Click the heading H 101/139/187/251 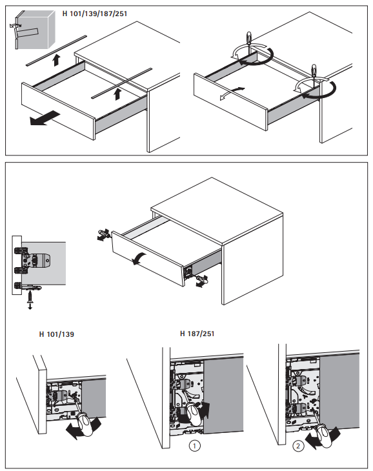(x=95, y=14)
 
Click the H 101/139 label (x=56, y=334)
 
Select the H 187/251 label (x=197, y=334)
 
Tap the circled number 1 (x=194, y=446)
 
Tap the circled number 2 (x=298, y=446)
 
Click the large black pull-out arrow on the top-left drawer (x=45, y=117)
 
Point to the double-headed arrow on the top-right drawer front (x=232, y=93)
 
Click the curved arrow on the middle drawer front (x=139, y=258)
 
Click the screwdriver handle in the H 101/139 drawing (x=85, y=424)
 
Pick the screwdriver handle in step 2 (x=325, y=436)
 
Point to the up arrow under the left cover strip (x=56, y=60)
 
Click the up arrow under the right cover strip (x=117, y=94)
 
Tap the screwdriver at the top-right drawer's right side (x=314, y=73)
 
